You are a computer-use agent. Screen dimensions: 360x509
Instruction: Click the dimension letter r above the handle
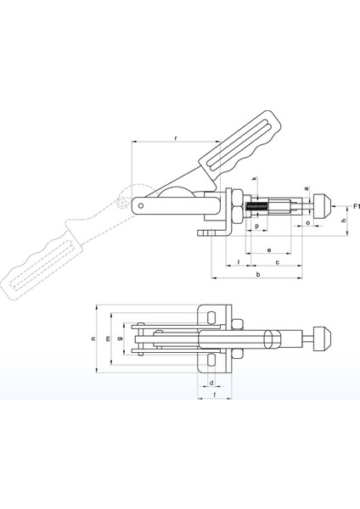[x=176, y=138]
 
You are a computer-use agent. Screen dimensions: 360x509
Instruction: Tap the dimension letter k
[x=255, y=178]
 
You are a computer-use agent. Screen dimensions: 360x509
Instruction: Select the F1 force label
[x=357, y=206]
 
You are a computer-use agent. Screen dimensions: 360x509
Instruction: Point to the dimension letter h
[x=345, y=221]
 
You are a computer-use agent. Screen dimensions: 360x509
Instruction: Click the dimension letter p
[x=257, y=226]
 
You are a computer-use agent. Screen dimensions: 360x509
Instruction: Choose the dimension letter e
[x=269, y=250]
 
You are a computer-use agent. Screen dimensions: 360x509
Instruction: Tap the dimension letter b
[x=258, y=274]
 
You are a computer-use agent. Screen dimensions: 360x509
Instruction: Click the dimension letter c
[x=278, y=262]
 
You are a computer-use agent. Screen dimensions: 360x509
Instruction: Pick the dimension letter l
[x=239, y=261]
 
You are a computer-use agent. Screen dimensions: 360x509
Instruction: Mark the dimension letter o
[x=308, y=222]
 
